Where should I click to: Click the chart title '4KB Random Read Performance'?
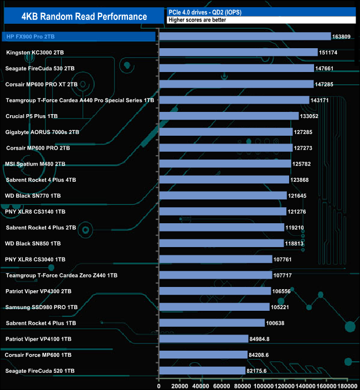84,16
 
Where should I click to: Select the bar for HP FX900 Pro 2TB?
245,37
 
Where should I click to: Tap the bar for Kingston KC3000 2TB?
238,53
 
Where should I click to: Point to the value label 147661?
327,69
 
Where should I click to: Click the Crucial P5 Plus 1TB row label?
32,116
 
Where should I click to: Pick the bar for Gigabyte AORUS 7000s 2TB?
225,132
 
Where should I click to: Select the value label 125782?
304,164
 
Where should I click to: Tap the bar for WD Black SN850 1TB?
221,243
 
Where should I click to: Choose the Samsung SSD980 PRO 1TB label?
41,307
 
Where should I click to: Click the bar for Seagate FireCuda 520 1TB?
202,371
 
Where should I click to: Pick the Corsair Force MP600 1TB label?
38,355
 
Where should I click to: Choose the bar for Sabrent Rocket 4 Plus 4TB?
224,179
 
